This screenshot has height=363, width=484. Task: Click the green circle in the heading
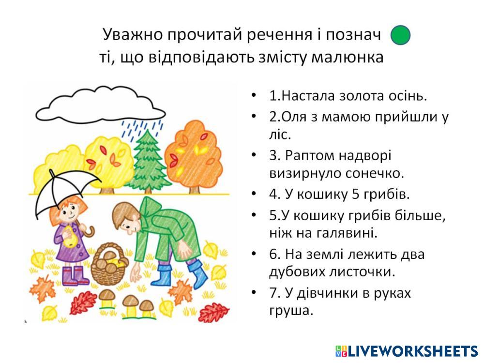[x=400, y=35]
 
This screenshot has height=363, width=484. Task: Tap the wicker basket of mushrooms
[x=108, y=265]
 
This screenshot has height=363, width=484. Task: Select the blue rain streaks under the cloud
[x=142, y=129]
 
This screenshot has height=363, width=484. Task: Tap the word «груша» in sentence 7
[x=291, y=311]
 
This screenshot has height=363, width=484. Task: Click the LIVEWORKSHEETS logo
[x=407, y=350]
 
